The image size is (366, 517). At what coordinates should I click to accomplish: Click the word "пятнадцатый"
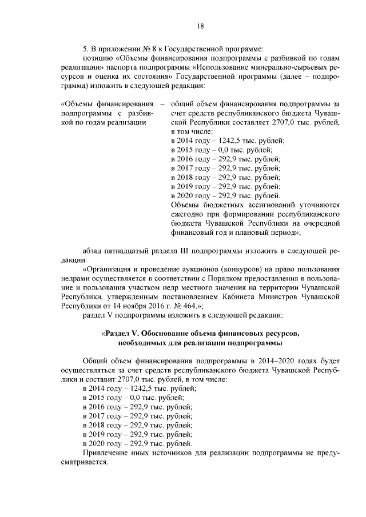tap(129, 251)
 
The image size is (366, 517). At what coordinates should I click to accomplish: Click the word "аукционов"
tap(205, 270)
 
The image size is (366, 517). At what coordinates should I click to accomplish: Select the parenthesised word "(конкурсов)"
tap(247, 270)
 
